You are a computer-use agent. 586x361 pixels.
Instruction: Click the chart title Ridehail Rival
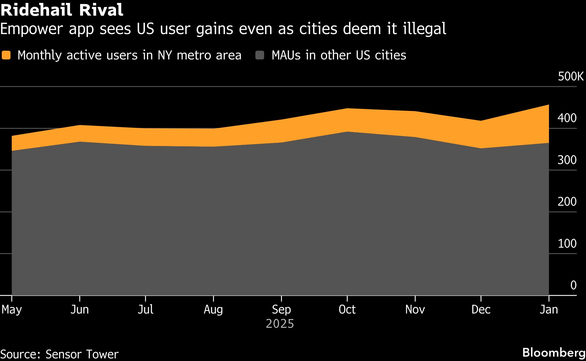pyautogui.click(x=62, y=10)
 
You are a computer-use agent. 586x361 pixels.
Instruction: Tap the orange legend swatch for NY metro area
pyautogui.click(x=6, y=55)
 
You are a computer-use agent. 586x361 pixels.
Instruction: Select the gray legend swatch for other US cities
pyautogui.click(x=260, y=55)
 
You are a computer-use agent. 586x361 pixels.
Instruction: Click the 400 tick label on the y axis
pyautogui.click(x=567, y=118)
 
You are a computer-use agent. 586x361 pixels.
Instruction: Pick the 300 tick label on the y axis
pyautogui.click(x=567, y=160)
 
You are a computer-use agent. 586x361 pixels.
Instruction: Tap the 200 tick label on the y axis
pyautogui.click(x=567, y=202)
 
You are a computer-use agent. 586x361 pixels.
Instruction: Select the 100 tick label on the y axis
pyautogui.click(x=567, y=244)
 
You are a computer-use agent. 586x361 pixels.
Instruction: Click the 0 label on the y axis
pyautogui.click(x=573, y=285)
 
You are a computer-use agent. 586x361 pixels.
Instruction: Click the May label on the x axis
pyautogui.click(x=12, y=309)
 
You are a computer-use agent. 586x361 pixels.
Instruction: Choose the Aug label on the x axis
pyautogui.click(x=213, y=309)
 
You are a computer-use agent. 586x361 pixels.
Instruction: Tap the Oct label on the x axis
pyautogui.click(x=347, y=309)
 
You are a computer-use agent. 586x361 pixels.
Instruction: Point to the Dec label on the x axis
pyautogui.click(x=481, y=309)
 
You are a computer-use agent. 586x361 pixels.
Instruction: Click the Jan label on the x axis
pyautogui.click(x=549, y=309)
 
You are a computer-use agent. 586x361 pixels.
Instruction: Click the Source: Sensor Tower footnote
pyautogui.click(x=59, y=354)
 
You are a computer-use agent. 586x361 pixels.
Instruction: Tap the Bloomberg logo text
pyautogui.click(x=554, y=353)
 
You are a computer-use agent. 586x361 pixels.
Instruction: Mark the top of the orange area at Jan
pyautogui.click(x=548, y=105)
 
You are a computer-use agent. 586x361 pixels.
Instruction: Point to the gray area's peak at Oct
pyautogui.click(x=347, y=132)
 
